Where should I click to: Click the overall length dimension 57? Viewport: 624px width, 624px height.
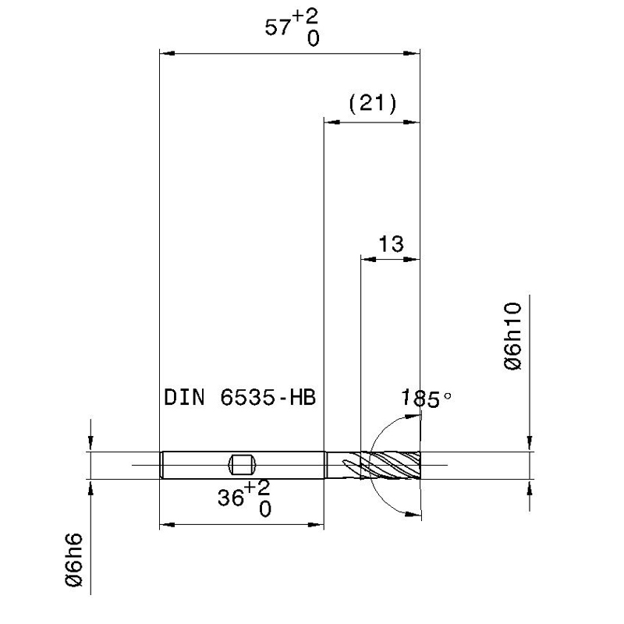(278, 28)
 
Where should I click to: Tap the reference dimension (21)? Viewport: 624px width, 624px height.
(373, 104)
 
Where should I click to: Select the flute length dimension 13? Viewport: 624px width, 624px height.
(392, 244)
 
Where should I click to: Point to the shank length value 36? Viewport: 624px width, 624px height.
(231, 498)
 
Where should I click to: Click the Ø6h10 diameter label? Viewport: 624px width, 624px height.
(512, 336)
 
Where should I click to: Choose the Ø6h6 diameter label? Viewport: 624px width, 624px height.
(74, 560)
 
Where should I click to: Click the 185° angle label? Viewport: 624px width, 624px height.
(426, 399)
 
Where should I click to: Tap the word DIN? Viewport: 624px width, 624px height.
(184, 398)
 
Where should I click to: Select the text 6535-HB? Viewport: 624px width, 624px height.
(268, 398)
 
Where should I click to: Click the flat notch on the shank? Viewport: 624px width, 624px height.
(242, 465)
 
